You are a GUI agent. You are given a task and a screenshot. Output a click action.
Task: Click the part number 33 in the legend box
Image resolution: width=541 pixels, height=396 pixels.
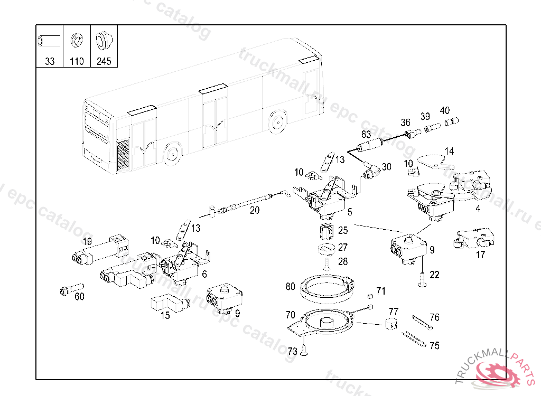[50, 61]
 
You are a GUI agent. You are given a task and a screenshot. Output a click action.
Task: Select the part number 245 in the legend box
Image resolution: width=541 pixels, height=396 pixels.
[104, 61]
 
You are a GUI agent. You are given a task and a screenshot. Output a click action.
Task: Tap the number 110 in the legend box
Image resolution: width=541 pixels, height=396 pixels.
[77, 61]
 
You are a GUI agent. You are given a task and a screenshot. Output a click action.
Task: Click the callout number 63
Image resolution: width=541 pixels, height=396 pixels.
[366, 134]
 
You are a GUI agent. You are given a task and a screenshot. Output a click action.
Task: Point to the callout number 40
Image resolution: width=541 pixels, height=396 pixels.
[445, 111]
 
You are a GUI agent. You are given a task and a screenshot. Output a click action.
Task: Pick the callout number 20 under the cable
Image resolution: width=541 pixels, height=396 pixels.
[255, 210]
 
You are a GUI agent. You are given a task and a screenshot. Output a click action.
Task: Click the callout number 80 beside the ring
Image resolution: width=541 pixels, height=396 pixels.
[290, 287]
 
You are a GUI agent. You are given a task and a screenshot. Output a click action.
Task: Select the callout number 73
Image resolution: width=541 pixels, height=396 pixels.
[292, 351]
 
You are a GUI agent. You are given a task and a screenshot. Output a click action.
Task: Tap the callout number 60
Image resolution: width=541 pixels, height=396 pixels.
[79, 297]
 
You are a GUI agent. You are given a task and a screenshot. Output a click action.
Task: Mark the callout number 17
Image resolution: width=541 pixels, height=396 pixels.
[480, 254]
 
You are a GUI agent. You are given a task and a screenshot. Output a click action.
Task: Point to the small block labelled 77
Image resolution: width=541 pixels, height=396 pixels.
[391, 324]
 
